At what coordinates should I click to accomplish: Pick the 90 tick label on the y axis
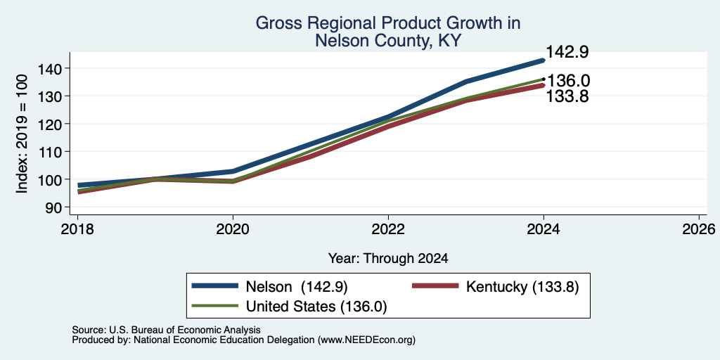point(53,207)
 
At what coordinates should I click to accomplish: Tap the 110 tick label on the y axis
point(49,152)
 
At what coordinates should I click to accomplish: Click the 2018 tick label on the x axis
point(77,229)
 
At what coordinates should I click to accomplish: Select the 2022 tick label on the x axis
point(388,229)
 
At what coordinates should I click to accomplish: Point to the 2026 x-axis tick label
point(699,229)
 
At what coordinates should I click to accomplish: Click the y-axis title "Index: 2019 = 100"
point(22,134)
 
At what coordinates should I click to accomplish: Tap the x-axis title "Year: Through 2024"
point(388,259)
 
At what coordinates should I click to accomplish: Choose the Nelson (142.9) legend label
point(297,287)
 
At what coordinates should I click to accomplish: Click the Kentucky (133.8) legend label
point(522,287)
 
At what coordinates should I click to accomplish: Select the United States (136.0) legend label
point(316,307)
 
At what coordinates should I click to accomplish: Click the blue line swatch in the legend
point(215,286)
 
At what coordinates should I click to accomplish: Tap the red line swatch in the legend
point(435,286)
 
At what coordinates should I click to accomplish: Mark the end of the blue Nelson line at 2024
point(544,60)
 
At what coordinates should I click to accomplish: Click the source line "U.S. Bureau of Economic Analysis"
point(185,330)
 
